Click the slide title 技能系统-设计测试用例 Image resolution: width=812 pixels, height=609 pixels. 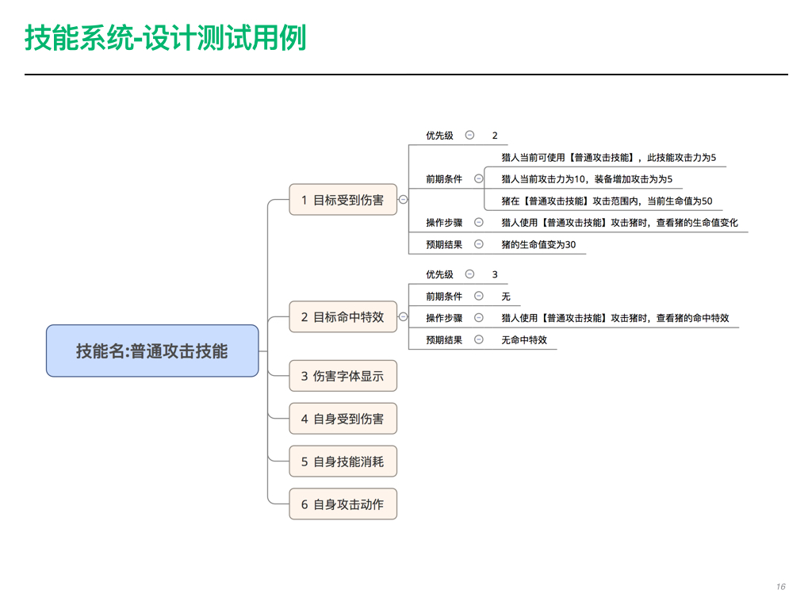coord(166,38)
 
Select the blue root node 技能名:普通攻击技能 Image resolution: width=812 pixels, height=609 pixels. coord(152,350)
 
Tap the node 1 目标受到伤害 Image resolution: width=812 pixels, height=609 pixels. coord(343,199)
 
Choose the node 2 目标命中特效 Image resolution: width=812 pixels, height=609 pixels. coord(343,316)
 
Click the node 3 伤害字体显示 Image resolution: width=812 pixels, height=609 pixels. coord(343,376)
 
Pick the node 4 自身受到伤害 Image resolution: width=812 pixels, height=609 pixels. coord(343,419)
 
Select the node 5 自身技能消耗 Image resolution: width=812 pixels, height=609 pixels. coord(343,461)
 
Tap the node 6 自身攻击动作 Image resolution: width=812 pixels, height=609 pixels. coord(343,504)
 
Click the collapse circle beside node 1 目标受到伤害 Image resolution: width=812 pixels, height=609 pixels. coord(403,199)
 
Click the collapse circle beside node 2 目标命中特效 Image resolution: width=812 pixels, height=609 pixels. coord(403,316)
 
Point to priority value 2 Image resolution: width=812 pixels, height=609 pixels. coord(495,135)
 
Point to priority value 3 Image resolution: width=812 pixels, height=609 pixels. coord(495,274)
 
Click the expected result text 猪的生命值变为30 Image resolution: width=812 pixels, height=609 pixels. coord(538,244)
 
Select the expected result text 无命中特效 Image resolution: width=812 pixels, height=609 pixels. coord(524,339)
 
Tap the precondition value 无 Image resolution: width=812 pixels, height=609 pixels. coord(506,297)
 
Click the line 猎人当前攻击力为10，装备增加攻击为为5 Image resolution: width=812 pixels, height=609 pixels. coord(587,179)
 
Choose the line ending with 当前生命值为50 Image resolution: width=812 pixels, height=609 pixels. coord(607,201)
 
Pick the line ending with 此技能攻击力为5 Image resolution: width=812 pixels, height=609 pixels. coord(609,158)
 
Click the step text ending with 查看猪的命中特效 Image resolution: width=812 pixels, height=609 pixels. coord(615,318)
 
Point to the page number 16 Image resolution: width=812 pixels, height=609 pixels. coord(781,587)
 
